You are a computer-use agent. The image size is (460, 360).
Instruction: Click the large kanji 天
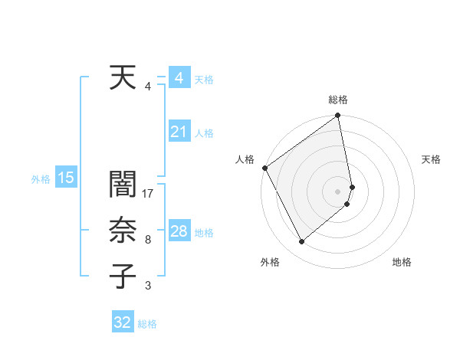coord(122,78)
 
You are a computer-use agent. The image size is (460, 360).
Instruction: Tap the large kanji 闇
coord(122,186)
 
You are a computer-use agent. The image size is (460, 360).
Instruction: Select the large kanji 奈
coord(122,231)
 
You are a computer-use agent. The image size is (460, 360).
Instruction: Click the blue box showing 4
coord(179,78)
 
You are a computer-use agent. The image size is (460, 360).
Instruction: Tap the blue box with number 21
coord(179,132)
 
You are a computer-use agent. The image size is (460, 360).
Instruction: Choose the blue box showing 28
coord(179,231)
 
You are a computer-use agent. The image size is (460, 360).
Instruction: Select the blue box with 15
coord(65,178)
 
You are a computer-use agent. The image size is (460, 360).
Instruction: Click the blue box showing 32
coord(123,322)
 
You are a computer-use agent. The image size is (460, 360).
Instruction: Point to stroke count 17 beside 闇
coord(149,193)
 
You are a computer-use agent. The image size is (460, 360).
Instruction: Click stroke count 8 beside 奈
coord(148,240)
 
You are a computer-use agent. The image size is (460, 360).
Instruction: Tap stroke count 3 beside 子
coord(148,286)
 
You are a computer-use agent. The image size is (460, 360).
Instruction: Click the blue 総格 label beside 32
coord(147,324)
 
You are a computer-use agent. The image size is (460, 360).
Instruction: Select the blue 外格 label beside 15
coord(41,179)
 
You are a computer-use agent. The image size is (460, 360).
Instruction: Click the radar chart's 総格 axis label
coord(338,100)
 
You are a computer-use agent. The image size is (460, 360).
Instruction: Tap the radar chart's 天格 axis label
coord(432,159)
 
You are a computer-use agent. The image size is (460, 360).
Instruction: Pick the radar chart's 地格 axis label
coord(402,262)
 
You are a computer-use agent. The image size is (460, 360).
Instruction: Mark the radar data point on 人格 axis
coord(264,168)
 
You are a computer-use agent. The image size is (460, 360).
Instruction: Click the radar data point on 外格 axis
coord(301,242)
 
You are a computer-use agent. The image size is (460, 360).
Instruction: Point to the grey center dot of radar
coord(338,191)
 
